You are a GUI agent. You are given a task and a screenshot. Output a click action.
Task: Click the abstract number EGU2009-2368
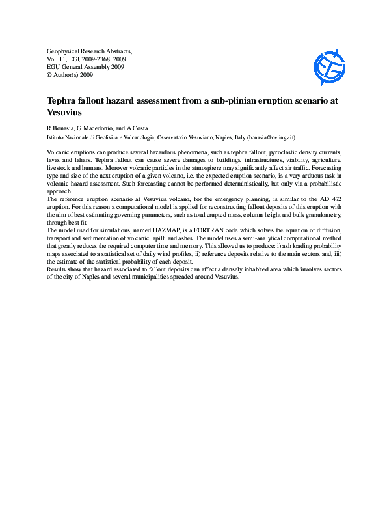pos(93,59)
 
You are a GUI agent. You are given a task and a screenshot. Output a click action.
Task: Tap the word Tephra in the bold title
pos(65,101)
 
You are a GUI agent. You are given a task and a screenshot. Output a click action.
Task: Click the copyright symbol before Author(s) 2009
pos(50,75)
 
